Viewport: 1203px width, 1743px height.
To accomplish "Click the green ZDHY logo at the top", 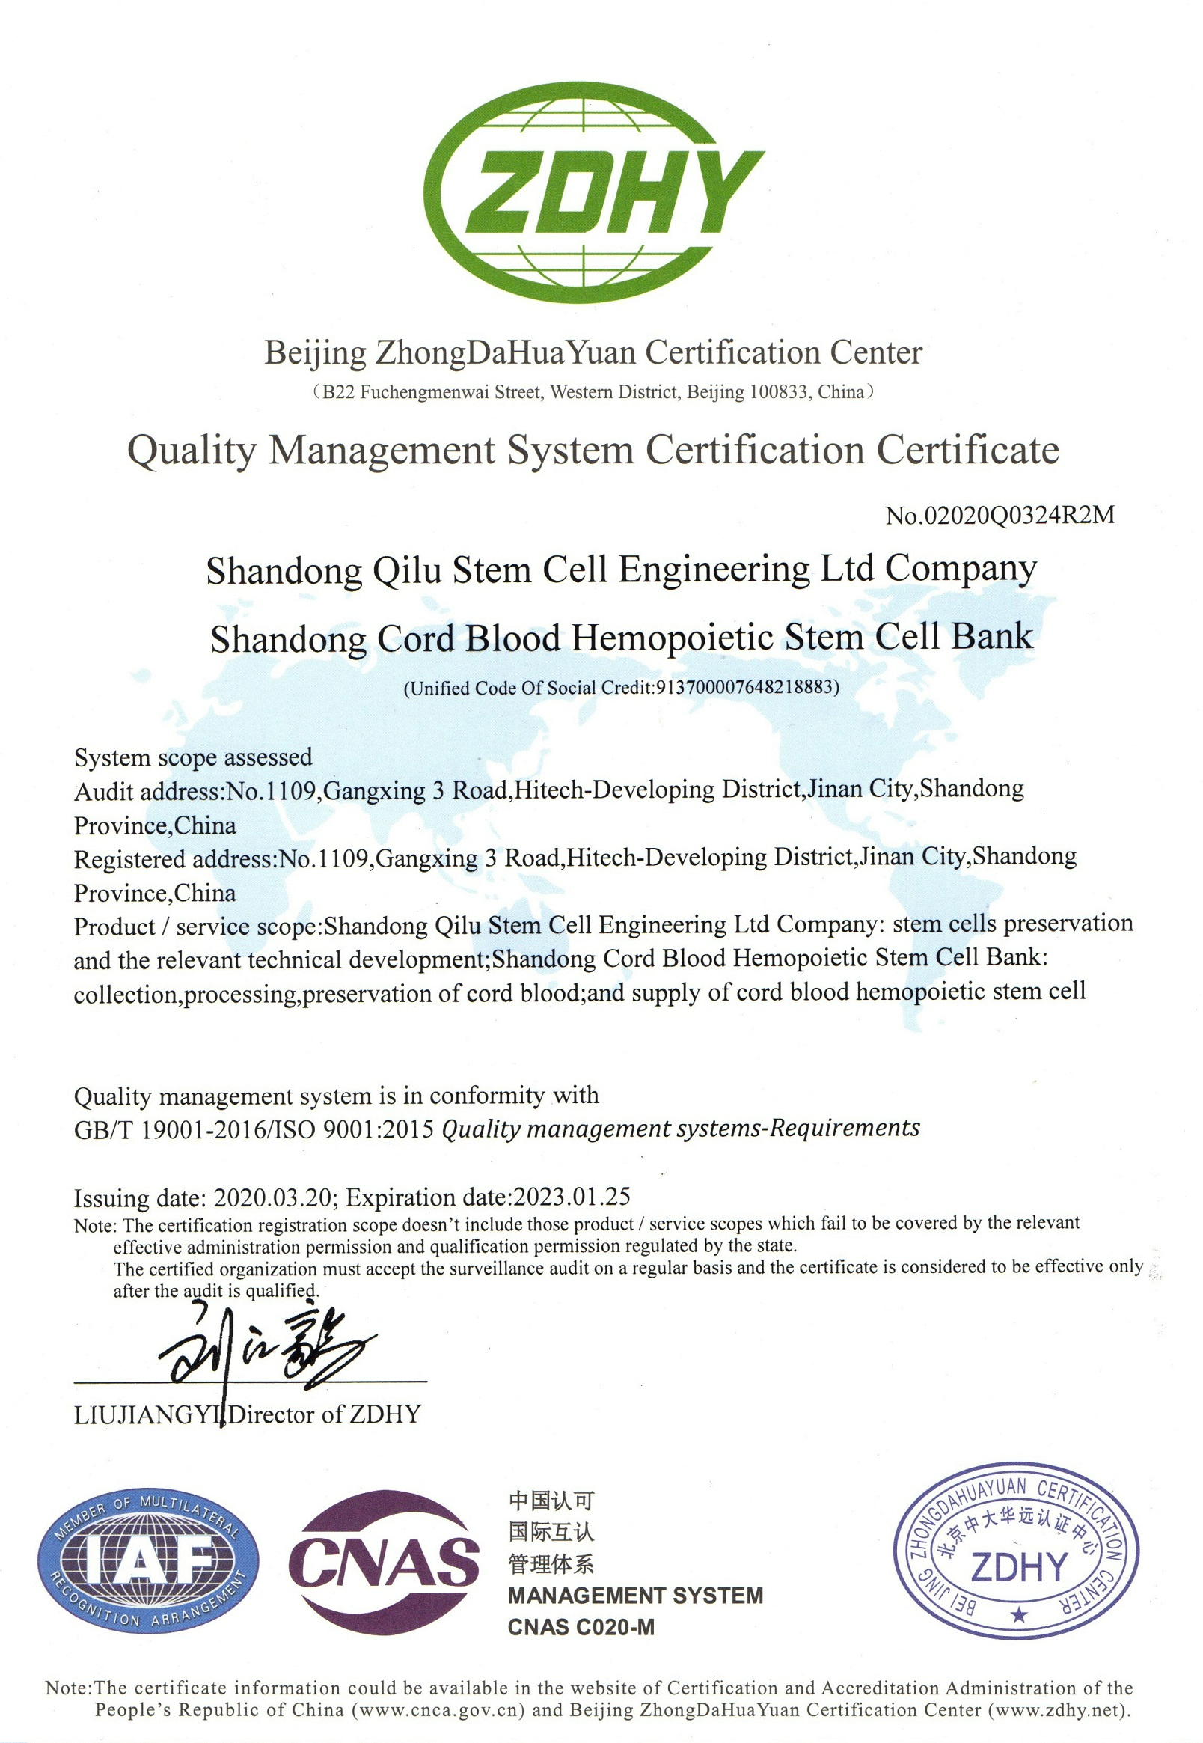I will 594,192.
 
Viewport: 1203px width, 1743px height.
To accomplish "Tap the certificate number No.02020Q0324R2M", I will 1000,515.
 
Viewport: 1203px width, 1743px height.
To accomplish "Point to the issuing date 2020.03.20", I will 273,1197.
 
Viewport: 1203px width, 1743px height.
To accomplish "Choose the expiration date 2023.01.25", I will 572,1197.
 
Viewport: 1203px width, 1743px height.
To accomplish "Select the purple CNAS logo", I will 384,1562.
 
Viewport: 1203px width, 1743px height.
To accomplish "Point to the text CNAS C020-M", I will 581,1628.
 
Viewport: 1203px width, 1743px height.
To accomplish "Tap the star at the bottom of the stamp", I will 1019,1615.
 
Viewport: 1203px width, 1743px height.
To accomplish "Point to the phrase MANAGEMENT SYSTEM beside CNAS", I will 635,1596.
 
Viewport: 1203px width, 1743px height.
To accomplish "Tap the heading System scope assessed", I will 193,757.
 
